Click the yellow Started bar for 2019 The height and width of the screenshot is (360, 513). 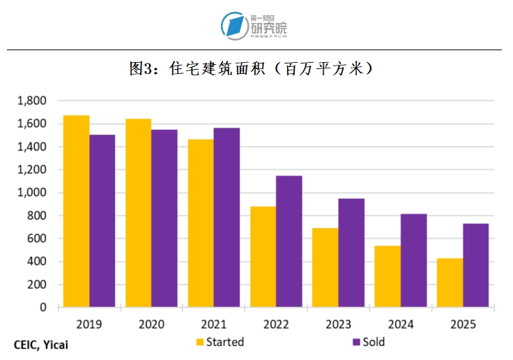pyautogui.click(x=77, y=211)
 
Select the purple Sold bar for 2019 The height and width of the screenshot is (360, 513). pyautogui.click(x=102, y=220)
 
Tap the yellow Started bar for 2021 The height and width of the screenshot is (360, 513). pyautogui.click(x=201, y=223)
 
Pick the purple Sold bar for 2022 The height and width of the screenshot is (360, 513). pyautogui.click(x=289, y=241)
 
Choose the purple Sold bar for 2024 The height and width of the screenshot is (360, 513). pyautogui.click(x=414, y=260)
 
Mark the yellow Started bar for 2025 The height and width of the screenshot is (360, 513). pyautogui.click(x=450, y=283)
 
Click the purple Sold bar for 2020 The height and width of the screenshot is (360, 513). pyautogui.click(x=164, y=218)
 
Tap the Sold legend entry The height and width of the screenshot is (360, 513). pyautogui.click(x=369, y=342)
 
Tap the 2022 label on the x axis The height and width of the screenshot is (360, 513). pyautogui.click(x=276, y=324)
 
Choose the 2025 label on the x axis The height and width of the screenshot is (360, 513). pyautogui.click(x=463, y=324)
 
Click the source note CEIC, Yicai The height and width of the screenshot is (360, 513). pyautogui.click(x=41, y=344)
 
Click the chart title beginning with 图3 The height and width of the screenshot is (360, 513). pyautogui.click(x=255, y=69)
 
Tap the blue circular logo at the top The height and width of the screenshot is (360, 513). pyautogui.click(x=234, y=26)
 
